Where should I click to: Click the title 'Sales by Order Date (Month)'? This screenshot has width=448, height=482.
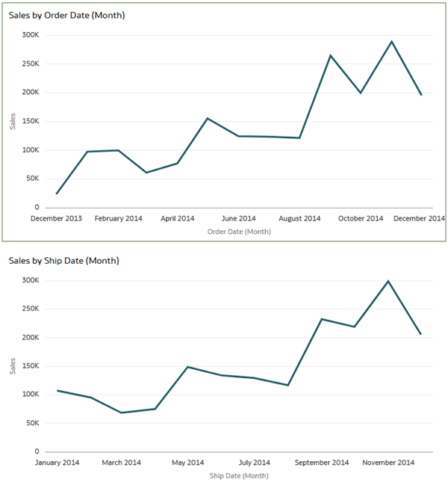66,15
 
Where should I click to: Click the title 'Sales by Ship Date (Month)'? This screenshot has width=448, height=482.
63,261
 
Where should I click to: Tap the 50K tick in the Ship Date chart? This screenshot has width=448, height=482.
32,423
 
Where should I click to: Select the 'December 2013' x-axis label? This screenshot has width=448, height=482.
57,218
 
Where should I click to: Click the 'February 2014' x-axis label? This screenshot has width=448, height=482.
118,218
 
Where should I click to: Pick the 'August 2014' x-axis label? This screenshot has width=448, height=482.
299,218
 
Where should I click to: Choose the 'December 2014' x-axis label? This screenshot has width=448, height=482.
420,218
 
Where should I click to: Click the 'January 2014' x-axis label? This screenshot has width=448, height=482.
57,463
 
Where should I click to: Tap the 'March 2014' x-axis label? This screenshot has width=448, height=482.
122,463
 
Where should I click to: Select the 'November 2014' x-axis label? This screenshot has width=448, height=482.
388,463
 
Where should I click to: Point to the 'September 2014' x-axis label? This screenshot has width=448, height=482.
322,463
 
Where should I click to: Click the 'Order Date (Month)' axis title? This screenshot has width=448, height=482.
239,232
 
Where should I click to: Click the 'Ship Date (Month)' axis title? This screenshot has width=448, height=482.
239,475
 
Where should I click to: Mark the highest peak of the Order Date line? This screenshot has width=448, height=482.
391,41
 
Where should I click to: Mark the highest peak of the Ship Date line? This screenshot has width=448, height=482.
388,281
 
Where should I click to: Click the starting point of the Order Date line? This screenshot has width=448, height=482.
57,194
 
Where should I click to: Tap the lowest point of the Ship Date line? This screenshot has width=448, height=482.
122,413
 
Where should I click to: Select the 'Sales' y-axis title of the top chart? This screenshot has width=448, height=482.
12,121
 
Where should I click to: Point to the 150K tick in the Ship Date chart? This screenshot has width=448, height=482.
30,366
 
